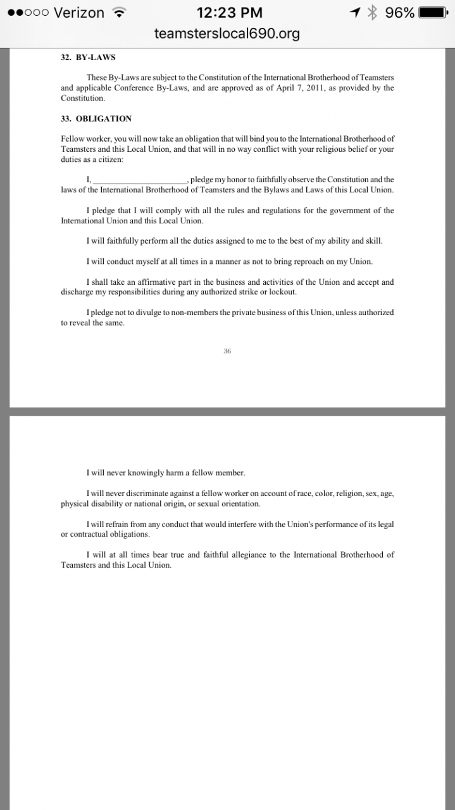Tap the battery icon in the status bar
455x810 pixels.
click(437, 13)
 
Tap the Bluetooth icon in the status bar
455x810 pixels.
click(373, 13)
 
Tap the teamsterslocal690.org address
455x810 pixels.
click(227, 34)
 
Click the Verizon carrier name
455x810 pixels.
click(79, 13)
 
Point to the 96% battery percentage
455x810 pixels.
click(400, 13)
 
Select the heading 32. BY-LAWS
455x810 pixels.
click(88, 57)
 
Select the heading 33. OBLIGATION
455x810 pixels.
click(96, 118)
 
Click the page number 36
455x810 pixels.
click(227, 351)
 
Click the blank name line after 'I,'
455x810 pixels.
click(139, 180)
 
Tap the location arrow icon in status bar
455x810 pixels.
click(356, 13)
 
